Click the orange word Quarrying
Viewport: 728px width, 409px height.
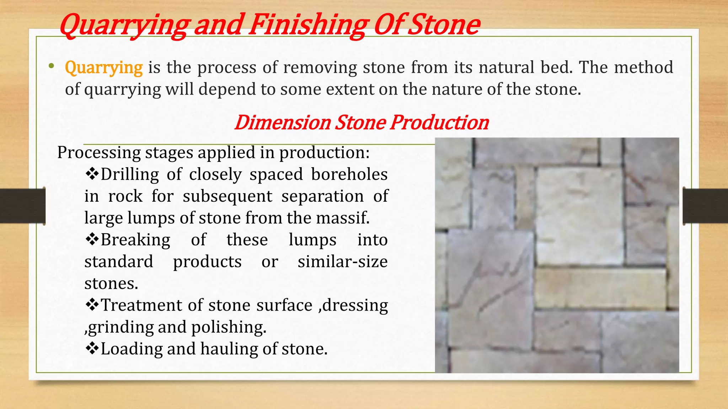pos(104,67)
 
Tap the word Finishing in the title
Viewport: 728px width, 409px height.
pos(307,25)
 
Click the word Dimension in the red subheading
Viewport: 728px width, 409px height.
pos(282,122)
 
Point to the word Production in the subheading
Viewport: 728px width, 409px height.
pos(439,122)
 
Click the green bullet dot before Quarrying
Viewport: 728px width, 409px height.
pos(52,66)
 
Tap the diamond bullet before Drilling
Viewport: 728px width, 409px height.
pos(92,174)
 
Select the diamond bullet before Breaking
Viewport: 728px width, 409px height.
pos(92,239)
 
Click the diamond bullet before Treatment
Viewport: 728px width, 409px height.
pos(92,305)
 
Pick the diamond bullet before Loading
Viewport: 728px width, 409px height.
pos(92,348)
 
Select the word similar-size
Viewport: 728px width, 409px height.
pos(343,262)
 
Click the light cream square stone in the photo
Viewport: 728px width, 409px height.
pos(579,217)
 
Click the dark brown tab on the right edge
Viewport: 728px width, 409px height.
pos(706,206)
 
